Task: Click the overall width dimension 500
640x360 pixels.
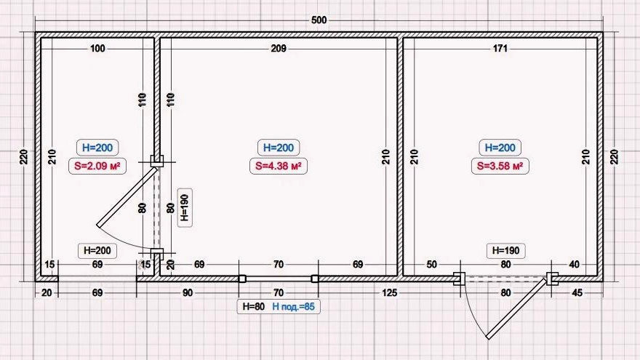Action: (319, 20)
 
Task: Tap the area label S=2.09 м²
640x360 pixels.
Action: (97, 166)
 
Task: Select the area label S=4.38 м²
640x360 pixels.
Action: (279, 166)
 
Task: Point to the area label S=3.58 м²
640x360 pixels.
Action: (500, 166)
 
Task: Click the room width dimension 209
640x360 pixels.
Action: (279, 49)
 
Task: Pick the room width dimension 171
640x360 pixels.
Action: (500, 49)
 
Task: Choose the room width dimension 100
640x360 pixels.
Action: (97, 49)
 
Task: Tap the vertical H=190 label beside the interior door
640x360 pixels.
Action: (185, 208)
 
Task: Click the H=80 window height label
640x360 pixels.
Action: (254, 306)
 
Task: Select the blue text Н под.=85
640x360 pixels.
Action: (294, 306)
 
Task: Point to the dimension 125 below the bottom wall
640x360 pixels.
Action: (389, 292)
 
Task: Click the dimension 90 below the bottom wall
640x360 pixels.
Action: (188, 292)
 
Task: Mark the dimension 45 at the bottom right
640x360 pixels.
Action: (577, 292)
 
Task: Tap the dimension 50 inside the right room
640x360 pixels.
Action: (431, 265)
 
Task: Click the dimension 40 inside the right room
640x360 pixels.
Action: (575, 265)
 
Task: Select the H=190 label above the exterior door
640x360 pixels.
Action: (505, 251)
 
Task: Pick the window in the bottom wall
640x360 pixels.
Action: (279, 279)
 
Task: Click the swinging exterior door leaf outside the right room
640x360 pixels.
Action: (518, 308)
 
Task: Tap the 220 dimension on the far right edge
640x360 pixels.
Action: (615, 157)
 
